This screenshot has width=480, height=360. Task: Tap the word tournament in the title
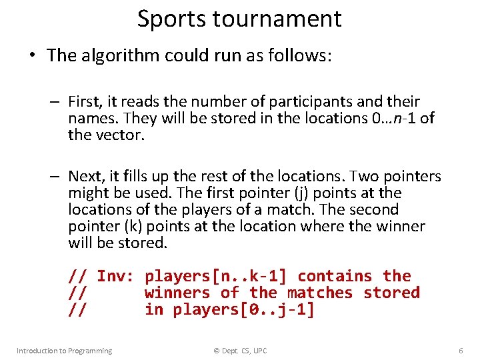tap(277, 19)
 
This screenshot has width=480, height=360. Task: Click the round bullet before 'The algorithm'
tap(32, 55)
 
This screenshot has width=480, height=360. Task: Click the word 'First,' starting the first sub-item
tap(85, 101)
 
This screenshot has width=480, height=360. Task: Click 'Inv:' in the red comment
tap(116, 276)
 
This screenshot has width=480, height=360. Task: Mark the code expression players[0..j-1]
tap(243, 310)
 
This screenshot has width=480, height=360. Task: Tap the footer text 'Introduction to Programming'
tap(64, 351)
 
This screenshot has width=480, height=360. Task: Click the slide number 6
tap(461, 351)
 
